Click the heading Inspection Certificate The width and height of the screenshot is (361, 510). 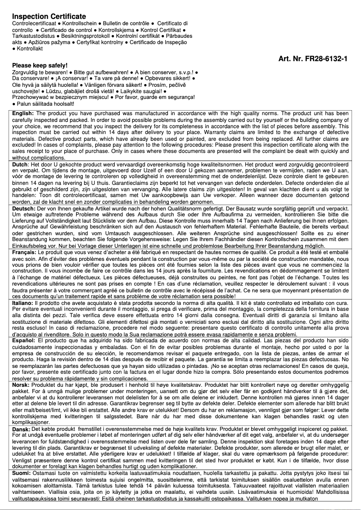[49, 16]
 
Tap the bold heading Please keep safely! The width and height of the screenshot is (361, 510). [40, 65]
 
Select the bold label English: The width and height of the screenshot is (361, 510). [23, 113]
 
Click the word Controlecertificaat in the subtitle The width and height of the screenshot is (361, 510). [32, 23]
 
